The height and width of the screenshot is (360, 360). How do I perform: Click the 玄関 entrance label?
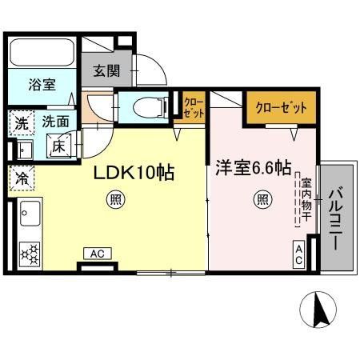(106, 71)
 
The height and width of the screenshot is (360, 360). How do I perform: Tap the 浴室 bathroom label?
(42, 85)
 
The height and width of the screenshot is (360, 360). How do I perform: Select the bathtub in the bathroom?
(42, 52)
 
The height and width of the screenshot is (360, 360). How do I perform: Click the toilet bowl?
(150, 107)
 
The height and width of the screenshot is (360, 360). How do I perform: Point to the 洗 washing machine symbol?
(22, 123)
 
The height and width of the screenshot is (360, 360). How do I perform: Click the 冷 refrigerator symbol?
(22, 178)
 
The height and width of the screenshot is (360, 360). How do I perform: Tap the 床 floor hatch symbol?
(59, 146)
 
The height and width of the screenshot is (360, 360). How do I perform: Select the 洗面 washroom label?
(55, 122)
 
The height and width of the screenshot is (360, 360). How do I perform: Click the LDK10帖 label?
(134, 172)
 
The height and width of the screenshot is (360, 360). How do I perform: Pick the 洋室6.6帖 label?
(253, 168)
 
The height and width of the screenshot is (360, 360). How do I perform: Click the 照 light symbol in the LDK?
(116, 199)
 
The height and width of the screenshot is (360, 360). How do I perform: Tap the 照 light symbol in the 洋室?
(262, 199)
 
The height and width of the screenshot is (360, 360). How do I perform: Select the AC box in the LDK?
(98, 254)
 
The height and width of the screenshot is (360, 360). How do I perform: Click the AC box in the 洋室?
(299, 254)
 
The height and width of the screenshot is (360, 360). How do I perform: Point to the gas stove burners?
(30, 254)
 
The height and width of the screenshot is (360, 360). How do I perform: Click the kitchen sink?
(30, 214)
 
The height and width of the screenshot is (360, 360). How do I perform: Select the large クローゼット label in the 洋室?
(281, 108)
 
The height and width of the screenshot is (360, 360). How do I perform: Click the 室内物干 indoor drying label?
(306, 199)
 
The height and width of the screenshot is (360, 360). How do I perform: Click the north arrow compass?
(318, 310)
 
